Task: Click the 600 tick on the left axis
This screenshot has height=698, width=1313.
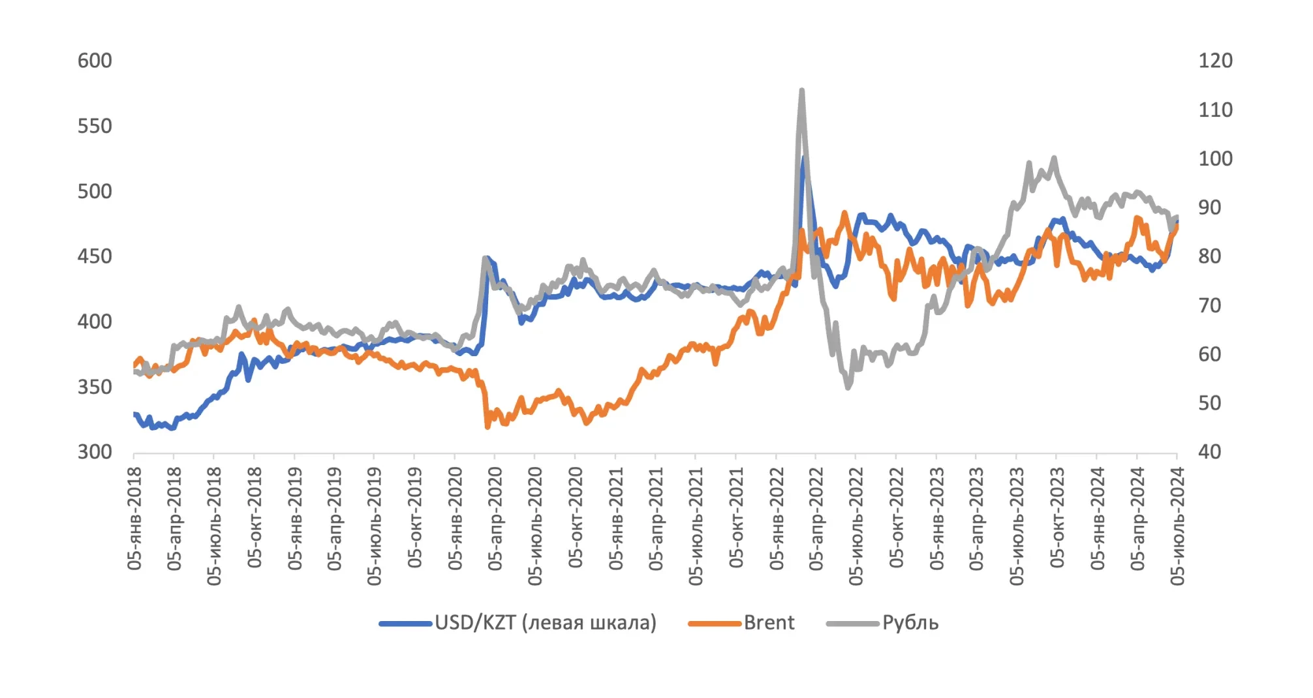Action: [95, 61]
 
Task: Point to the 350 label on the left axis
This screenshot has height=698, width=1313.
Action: [95, 387]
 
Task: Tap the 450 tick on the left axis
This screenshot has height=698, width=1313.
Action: [95, 256]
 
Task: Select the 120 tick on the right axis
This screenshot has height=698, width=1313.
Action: [1215, 61]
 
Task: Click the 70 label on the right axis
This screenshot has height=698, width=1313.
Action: [1210, 305]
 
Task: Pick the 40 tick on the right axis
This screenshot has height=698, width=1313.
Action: [1210, 451]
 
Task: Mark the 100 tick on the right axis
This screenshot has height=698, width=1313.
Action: [1215, 159]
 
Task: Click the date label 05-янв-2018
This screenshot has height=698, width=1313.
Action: [134, 519]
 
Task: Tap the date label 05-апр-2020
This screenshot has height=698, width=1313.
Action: [495, 519]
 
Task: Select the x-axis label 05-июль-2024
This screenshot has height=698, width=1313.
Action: [1177, 526]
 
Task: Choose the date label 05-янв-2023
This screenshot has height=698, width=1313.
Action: [937, 519]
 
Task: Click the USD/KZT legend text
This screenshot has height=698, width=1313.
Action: [546, 623]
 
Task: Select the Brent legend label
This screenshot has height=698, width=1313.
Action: [769, 623]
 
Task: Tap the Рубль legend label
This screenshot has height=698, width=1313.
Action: [910, 623]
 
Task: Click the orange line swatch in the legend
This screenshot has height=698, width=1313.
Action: [715, 624]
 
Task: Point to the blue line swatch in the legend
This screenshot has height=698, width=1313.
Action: [405, 624]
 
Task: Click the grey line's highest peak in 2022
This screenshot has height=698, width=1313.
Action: [801, 91]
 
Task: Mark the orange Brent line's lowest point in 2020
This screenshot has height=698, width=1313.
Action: [488, 427]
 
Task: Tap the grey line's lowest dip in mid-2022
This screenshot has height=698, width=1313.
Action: [848, 387]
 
